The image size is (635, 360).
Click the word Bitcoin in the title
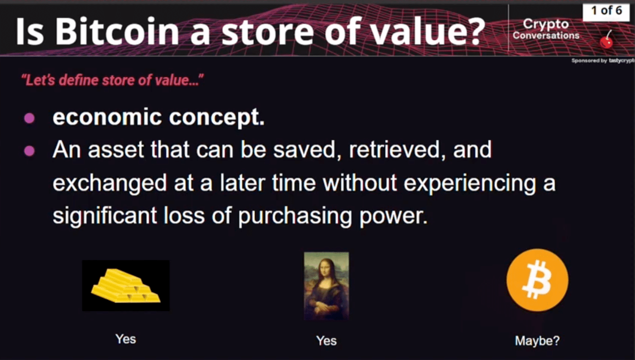click(117, 32)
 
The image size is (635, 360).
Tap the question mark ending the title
click(476, 32)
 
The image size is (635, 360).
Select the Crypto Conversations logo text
click(546, 29)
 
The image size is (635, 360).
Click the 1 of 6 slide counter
click(606, 11)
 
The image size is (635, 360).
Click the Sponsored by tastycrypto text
click(602, 61)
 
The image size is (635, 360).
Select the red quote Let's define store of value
click(112, 80)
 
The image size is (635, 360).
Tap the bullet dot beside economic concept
click(29, 118)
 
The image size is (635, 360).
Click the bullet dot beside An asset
click(29, 150)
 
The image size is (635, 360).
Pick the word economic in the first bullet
click(107, 117)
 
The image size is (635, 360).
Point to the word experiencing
click(469, 183)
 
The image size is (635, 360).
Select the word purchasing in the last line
click(295, 216)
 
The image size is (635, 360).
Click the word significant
click(104, 216)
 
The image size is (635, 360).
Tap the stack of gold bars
click(126, 286)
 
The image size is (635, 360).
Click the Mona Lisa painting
click(326, 286)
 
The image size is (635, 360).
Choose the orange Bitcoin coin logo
click(537, 280)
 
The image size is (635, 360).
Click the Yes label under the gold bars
click(126, 339)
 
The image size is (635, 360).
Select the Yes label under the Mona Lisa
click(326, 341)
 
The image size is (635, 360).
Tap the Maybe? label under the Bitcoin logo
click(537, 341)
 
